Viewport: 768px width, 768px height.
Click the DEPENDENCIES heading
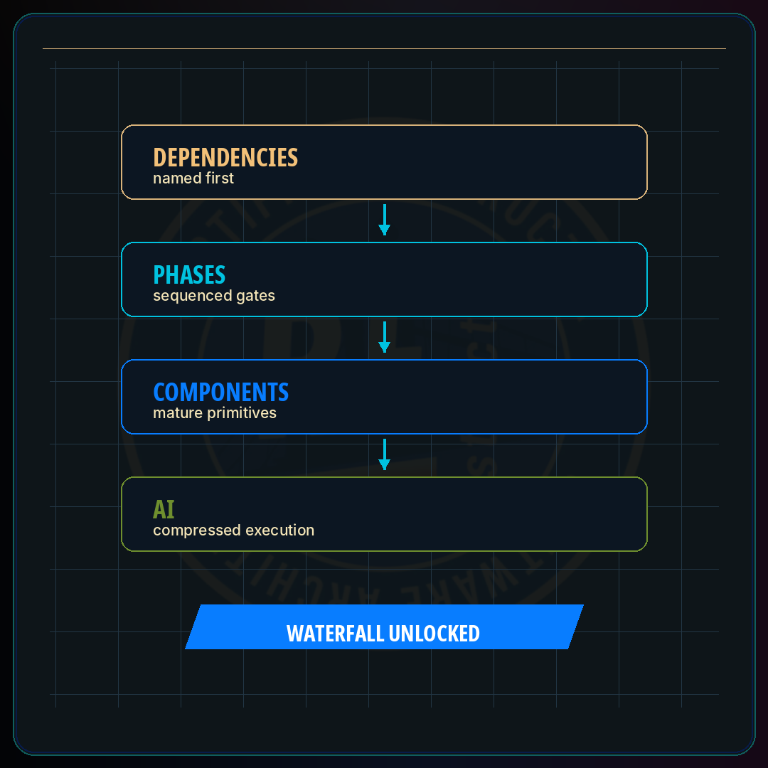225,158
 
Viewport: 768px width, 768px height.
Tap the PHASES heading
189,274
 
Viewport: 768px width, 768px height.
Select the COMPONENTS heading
221,393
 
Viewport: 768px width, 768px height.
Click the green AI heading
164,509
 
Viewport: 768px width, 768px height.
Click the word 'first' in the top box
220,178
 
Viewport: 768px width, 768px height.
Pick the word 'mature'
178,413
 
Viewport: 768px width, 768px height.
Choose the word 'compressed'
197,530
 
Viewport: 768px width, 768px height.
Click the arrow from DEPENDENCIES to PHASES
385,220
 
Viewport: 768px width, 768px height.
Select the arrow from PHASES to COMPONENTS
385,337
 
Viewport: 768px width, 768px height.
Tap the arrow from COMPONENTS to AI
385,454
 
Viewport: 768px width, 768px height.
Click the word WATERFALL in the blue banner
336,634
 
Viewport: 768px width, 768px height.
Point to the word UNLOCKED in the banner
434,634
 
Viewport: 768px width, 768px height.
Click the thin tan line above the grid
384,48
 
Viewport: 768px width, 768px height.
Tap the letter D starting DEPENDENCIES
160,158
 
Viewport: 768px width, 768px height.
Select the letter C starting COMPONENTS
159,393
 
